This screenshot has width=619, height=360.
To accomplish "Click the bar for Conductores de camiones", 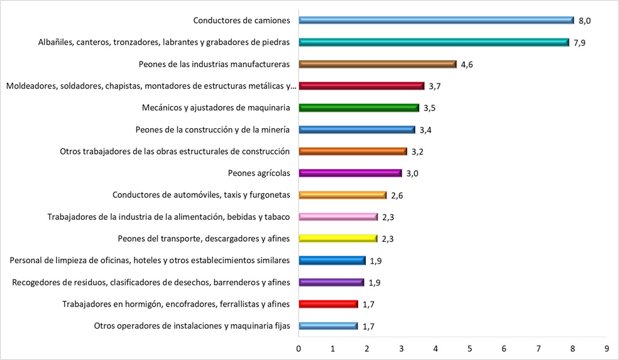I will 436,20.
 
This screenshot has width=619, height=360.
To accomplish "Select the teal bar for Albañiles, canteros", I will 434,42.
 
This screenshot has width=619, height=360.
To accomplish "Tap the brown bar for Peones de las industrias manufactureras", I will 377,64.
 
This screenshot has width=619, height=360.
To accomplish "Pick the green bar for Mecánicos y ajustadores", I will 358,107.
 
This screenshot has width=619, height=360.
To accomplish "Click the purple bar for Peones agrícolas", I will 350,173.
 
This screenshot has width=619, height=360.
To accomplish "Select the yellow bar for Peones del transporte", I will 337,239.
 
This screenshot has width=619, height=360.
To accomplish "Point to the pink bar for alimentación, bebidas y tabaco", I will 337,217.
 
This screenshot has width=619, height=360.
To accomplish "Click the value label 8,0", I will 584,21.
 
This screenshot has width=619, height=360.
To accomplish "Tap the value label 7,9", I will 580,43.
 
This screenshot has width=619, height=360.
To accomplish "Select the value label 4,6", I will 467,64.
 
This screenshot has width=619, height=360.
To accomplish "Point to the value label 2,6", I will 397,195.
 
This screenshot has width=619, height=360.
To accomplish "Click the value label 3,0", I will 412,173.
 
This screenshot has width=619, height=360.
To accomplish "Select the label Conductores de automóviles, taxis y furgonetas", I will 200,195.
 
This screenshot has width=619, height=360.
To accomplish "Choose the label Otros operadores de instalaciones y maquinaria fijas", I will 192,326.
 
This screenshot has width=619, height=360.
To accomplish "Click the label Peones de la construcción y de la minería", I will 212,130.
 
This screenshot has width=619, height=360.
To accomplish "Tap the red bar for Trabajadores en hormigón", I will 328,304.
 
